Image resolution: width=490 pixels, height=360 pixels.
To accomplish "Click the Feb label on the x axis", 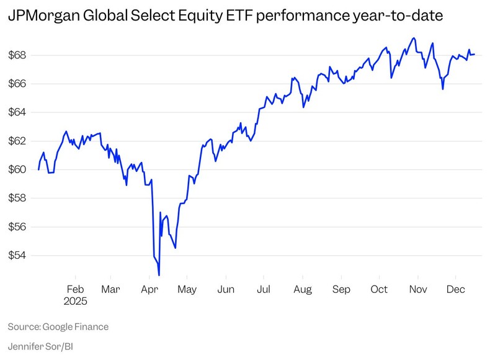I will (75, 289).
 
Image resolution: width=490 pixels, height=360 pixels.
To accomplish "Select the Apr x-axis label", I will (149, 289).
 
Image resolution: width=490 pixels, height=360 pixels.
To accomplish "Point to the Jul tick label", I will (264, 289).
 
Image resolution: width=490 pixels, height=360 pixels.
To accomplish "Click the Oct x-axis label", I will (379, 289).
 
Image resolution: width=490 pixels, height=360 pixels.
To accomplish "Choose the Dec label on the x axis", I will (456, 289).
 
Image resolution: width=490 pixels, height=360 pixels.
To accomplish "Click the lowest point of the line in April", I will (159, 275).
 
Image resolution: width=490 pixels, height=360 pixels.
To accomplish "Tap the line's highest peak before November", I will (414, 38).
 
